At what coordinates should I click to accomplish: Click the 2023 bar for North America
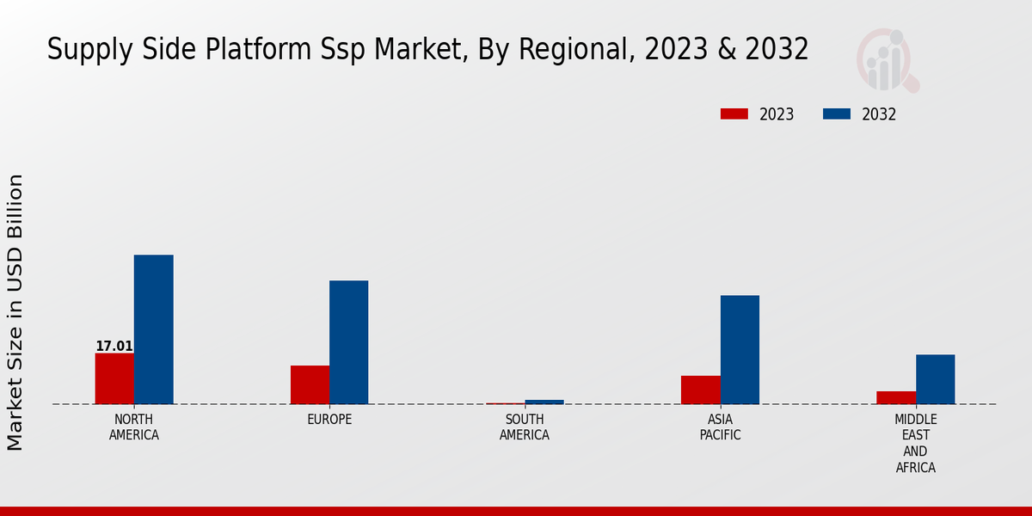pyautogui.click(x=114, y=378)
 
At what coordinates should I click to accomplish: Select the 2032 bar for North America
pyautogui.click(x=153, y=329)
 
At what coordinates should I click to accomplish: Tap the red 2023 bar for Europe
pyautogui.click(x=310, y=384)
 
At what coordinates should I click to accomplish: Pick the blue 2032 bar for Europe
pyautogui.click(x=348, y=342)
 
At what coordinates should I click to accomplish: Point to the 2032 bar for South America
pyautogui.click(x=544, y=402)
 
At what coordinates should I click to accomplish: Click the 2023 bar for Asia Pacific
pyautogui.click(x=700, y=390)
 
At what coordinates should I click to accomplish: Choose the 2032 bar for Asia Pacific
pyautogui.click(x=740, y=349)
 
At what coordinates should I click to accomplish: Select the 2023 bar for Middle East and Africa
pyautogui.click(x=895, y=397)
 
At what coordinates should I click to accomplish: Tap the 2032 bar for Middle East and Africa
pyautogui.click(x=935, y=379)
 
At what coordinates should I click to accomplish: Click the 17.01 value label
pyautogui.click(x=114, y=347)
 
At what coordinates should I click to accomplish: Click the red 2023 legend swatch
pyautogui.click(x=734, y=114)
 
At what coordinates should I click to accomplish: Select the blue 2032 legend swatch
pyautogui.click(x=836, y=114)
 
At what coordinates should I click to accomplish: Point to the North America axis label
pyautogui.click(x=134, y=427)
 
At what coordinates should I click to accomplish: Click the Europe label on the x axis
pyautogui.click(x=329, y=420)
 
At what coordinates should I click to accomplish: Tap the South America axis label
pyautogui.click(x=525, y=427)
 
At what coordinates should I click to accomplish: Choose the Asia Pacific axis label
pyautogui.click(x=720, y=427)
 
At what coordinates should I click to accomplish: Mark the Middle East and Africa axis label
pyautogui.click(x=915, y=443)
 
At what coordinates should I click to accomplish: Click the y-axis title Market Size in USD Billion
pyautogui.click(x=15, y=312)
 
